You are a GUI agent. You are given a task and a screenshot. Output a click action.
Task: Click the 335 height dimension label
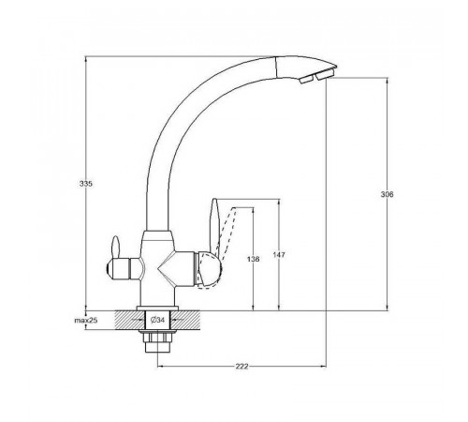pyautogui.click(x=86, y=184)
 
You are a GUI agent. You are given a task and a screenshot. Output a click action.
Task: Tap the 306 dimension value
pyautogui.click(x=388, y=194)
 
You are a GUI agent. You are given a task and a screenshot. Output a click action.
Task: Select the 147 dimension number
pyautogui.click(x=279, y=255)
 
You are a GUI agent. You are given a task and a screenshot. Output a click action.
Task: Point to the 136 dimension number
pyautogui.click(x=253, y=259)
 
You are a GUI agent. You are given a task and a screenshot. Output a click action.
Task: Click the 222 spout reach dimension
pyautogui.click(x=241, y=366)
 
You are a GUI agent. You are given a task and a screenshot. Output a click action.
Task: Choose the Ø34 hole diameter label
pyautogui.click(x=157, y=320)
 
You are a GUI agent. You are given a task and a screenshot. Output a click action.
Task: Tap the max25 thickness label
pyautogui.click(x=86, y=320)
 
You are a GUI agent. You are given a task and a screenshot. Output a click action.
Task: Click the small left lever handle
pyautogui.click(x=116, y=247)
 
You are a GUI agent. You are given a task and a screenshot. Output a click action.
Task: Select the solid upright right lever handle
pyautogui.click(x=215, y=229)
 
